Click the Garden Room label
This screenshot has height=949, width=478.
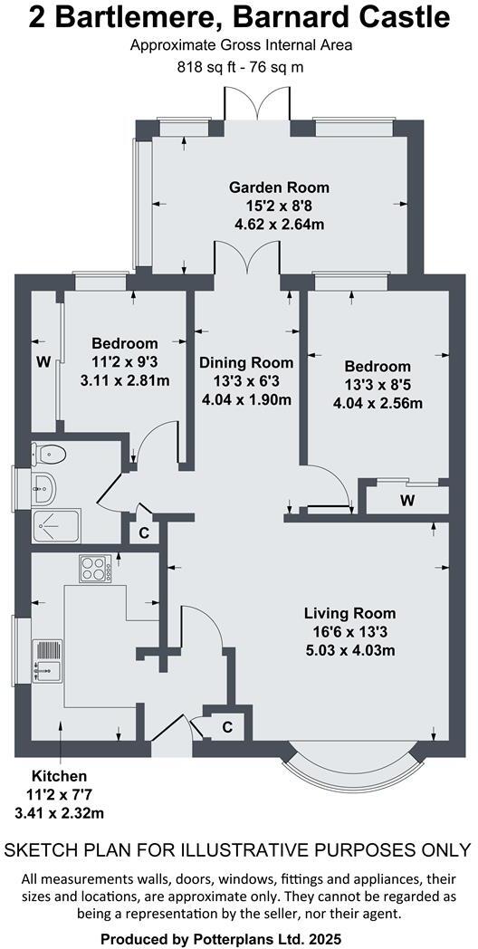(x=278, y=187)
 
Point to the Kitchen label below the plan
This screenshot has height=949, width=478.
(x=60, y=776)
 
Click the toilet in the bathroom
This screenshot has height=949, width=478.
(x=45, y=454)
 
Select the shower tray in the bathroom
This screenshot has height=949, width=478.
(x=55, y=524)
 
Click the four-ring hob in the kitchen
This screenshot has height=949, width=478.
(x=95, y=569)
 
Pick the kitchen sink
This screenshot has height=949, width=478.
(x=46, y=658)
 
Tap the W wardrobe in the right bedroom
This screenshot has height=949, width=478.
(x=406, y=500)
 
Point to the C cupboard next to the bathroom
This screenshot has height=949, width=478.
(x=144, y=532)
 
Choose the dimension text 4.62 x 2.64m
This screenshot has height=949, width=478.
(x=278, y=224)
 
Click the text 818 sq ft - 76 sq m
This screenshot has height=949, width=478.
(x=240, y=66)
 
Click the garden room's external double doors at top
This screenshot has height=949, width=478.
(x=260, y=112)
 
